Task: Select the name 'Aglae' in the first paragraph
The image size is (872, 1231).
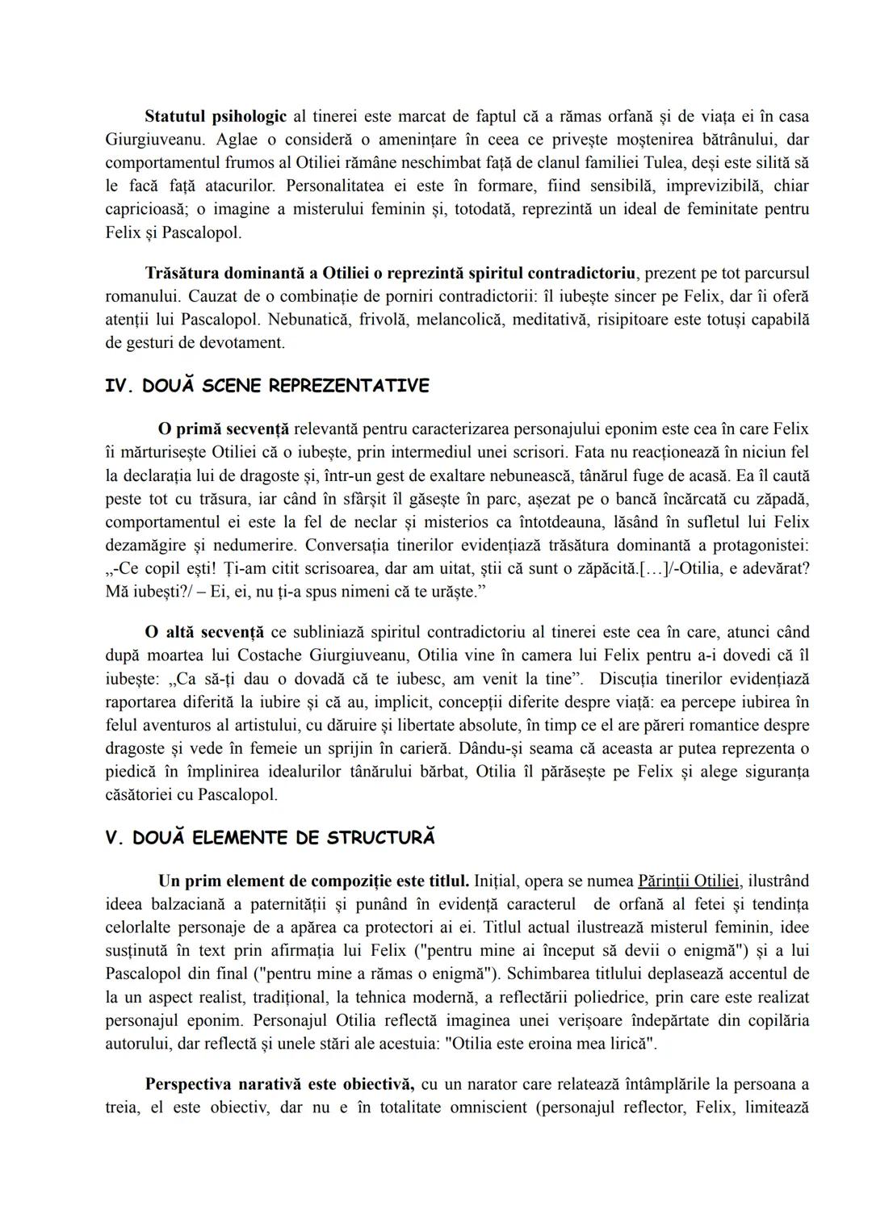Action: point(241,139)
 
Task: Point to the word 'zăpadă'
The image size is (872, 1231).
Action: point(783,498)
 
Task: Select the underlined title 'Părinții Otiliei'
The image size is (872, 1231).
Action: point(688,881)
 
